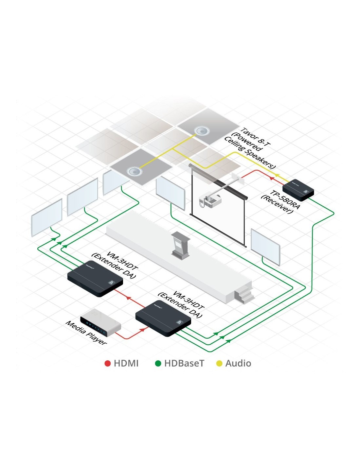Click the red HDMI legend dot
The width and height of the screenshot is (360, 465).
107,363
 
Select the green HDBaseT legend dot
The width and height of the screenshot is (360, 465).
158,363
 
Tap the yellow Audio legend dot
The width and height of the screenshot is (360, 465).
219,363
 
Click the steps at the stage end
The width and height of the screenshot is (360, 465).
244,294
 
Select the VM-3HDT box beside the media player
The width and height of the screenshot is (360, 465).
163,319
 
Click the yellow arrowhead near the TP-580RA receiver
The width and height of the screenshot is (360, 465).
277,175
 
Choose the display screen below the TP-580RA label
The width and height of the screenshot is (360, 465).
265,247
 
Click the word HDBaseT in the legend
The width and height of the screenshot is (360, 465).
184,363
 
